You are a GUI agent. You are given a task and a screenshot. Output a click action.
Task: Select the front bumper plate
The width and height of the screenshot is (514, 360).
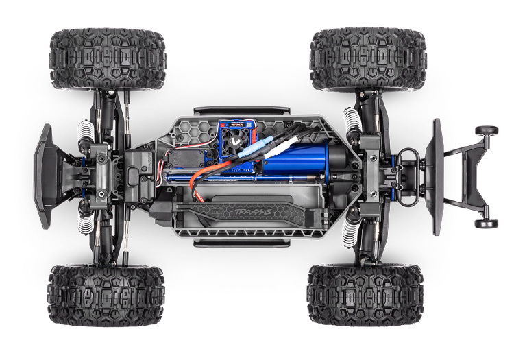(45, 176)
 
